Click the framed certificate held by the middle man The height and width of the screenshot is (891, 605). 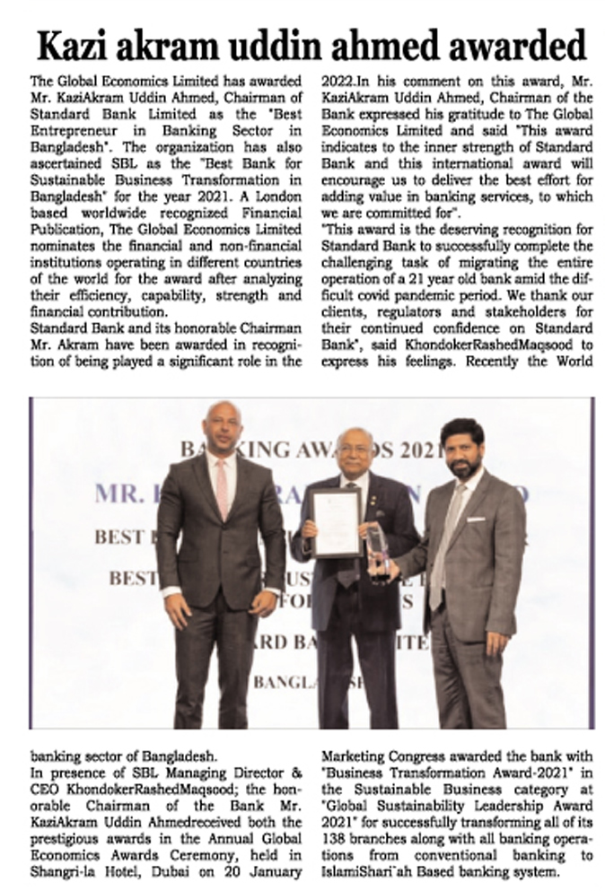coord(336,523)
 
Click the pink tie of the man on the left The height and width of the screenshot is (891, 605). coord(221,488)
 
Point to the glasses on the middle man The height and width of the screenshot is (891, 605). coord(355,454)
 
